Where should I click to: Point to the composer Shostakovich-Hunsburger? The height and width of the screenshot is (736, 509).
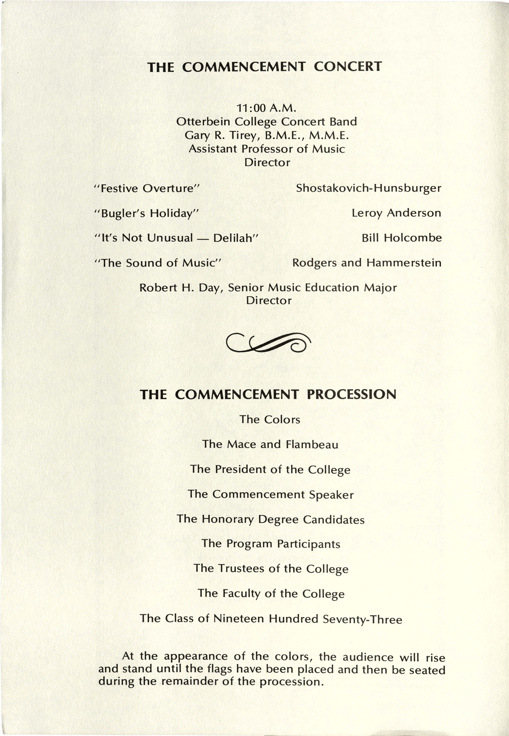click(368, 188)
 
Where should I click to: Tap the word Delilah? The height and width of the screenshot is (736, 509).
click(235, 238)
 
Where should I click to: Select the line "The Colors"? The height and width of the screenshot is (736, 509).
click(270, 419)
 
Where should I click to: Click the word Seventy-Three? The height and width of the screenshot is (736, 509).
click(362, 619)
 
